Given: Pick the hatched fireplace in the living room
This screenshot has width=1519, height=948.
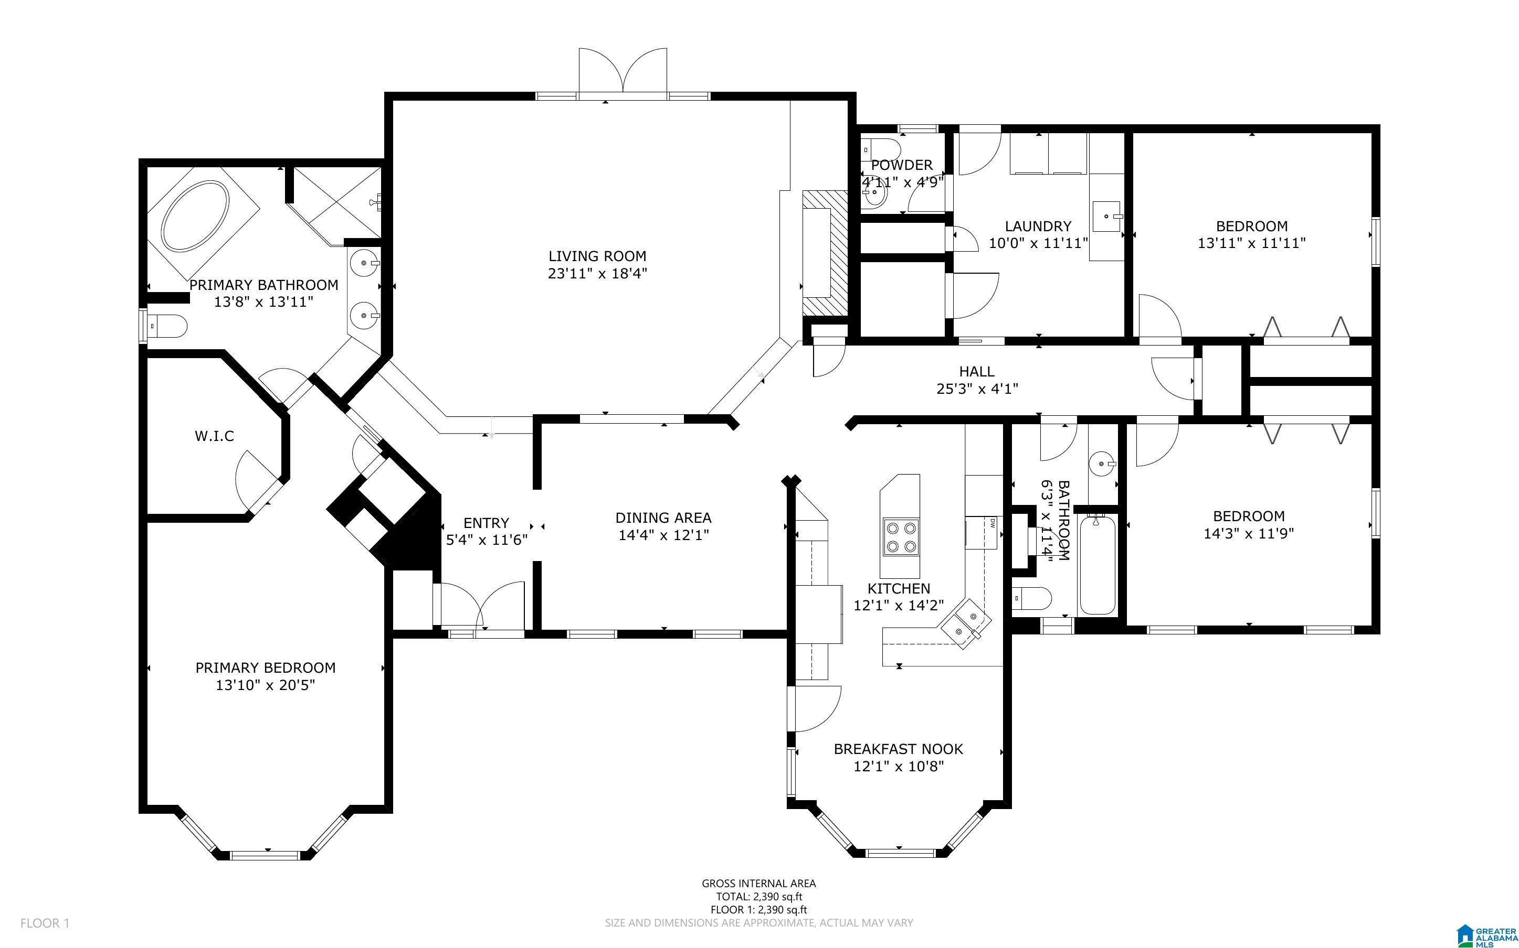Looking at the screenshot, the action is click(825, 253).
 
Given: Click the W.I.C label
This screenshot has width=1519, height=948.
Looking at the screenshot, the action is click(215, 436).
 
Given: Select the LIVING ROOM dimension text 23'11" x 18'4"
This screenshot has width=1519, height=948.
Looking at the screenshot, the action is click(597, 273).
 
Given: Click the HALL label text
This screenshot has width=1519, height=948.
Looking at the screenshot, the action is click(977, 372).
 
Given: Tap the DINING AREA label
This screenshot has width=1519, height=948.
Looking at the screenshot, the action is click(663, 518).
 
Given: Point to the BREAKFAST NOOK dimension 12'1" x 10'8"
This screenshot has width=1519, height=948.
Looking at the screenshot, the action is click(899, 766).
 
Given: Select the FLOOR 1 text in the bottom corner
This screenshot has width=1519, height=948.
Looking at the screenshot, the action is click(45, 923).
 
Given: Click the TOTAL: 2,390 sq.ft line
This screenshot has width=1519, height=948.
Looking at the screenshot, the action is click(758, 897).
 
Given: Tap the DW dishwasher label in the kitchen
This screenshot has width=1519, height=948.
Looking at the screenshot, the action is click(993, 522).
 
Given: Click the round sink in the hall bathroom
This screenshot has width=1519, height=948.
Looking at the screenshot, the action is click(1102, 465).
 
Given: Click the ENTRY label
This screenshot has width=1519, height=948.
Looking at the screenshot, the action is click(486, 523).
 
